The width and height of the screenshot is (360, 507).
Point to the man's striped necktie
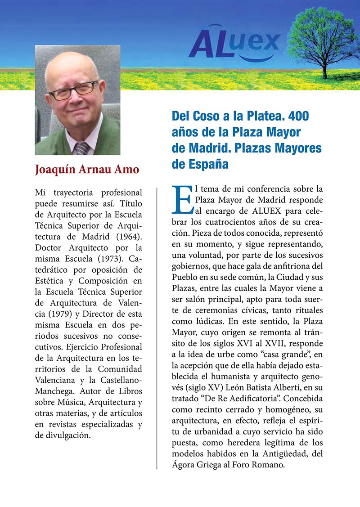click(82, 148)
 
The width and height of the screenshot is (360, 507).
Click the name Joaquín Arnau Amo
click(87, 170)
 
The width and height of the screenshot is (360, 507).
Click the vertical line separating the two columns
click(157, 328)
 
